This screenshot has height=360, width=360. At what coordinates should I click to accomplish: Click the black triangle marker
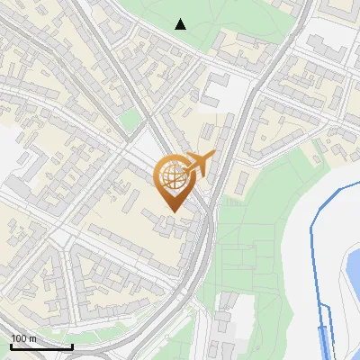point(181,23)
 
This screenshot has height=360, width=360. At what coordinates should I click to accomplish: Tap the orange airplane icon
point(199,164)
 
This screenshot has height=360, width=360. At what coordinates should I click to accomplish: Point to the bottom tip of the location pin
point(171,211)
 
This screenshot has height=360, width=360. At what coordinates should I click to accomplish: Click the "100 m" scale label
point(23,338)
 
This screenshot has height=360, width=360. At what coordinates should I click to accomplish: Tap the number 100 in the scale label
point(19,338)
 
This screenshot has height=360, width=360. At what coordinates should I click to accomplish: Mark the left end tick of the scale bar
point(10,345)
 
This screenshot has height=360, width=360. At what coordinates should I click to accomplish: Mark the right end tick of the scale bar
point(72,345)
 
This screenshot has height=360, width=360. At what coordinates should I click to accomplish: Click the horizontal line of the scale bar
point(40,347)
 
